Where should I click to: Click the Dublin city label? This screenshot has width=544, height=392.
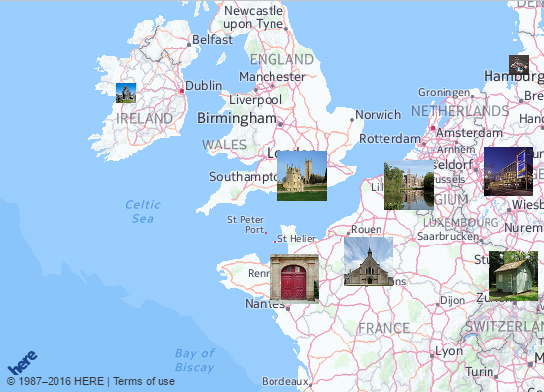pyautogui.click(x=204, y=86)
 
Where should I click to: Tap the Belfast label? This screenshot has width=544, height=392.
pyautogui.click(x=212, y=40)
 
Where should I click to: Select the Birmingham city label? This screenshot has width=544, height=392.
pyautogui.click(x=237, y=118)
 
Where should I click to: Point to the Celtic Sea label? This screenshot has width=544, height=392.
pyautogui.click(x=143, y=211)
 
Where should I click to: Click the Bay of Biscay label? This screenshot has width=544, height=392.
pyautogui.click(x=194, y=360)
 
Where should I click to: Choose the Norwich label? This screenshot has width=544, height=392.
pyautogui.click(x=378, y=115)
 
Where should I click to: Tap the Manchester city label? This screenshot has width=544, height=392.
pyautogui.click(x=272, y=76)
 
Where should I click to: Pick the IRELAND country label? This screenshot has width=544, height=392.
pyautogui.click(x=145, y=118)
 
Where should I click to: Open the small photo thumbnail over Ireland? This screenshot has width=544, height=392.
pyautogui.click(x=126, y=93)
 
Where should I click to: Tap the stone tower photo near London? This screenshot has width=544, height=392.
pyautogui.click(x=302, y=176)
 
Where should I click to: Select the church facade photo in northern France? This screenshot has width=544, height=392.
pyautogui.click(x=369, y=261)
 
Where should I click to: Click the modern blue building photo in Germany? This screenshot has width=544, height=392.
pyautogui.click(x=508, y=171)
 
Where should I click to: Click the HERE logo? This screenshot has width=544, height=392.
pyautogui.click(x=22, y=362)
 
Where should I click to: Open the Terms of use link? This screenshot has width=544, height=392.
pyautogui.click(x=145, y=381)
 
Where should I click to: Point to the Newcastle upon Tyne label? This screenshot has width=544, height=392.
pyautogui.click(x=254, y=16)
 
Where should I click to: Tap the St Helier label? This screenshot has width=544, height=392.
pyautogui.click(x=296, y=238)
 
